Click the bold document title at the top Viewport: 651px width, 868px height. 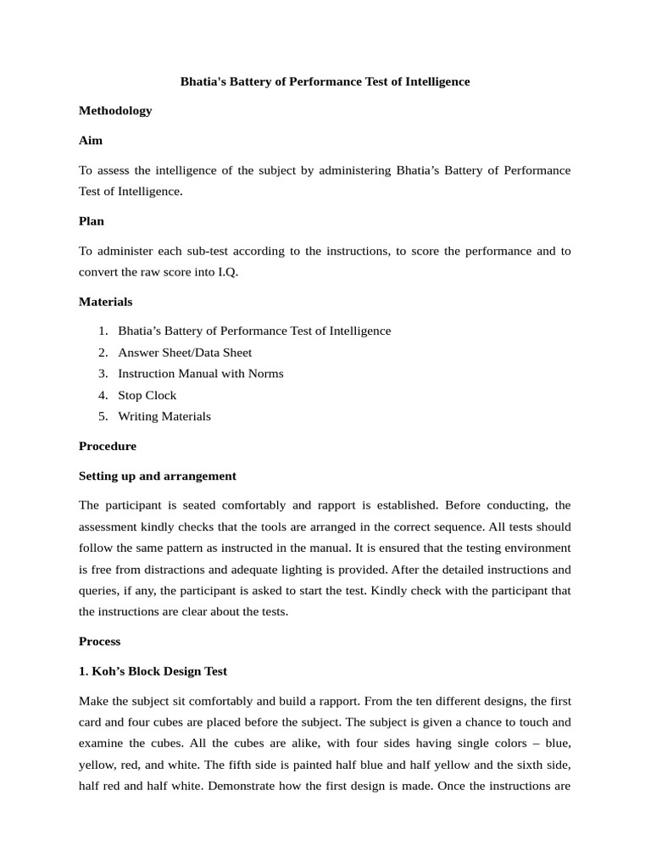pos(325,81)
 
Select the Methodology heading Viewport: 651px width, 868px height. pos(115,110)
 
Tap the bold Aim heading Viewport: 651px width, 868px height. pos(91,140)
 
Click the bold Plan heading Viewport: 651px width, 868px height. pos(92,221)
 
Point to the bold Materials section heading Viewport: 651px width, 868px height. pos(105,302)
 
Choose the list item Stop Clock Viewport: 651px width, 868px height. pos(147,395)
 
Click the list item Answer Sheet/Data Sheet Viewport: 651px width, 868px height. pos(185,353)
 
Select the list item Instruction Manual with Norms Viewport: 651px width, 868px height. pos(200,374)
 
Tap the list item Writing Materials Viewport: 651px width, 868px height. pos(164,416)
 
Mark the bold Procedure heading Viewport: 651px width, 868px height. pos(108,446)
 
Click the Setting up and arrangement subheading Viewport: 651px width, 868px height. pos(157,476)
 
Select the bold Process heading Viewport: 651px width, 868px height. pos(100,642)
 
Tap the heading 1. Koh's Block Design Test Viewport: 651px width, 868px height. pos(153,671)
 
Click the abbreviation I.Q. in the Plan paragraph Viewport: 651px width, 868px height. pos(225,272)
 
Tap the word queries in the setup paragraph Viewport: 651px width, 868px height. pos(100,590)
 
